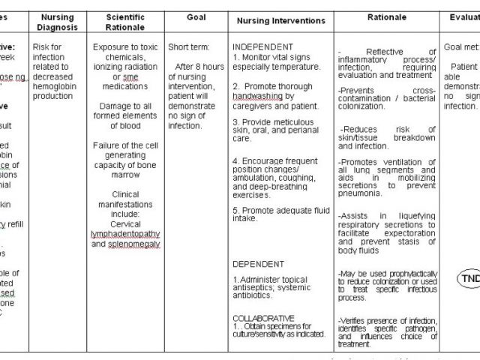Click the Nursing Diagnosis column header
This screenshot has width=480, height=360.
[57, 22]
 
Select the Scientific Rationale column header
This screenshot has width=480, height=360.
[126, 22]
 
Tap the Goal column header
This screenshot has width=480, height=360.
[196, 16]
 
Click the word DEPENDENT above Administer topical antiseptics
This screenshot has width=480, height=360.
[258, 264]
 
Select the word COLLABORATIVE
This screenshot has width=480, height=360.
[263, 317]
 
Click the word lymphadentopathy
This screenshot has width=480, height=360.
[126, 234]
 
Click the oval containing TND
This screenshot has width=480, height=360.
[469, 279]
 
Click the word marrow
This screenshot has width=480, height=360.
[126, 175]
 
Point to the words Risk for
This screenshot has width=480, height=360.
[47, 46]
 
